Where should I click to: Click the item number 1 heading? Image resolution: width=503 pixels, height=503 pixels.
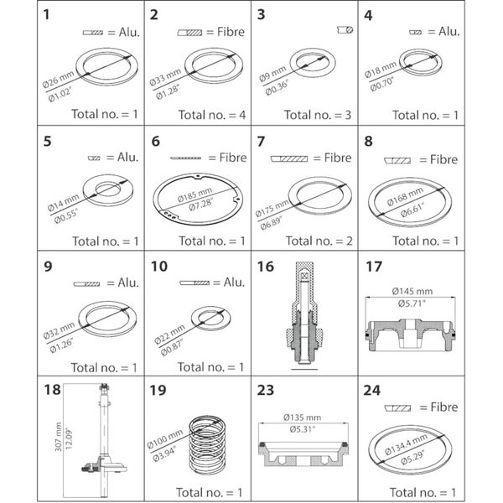48,14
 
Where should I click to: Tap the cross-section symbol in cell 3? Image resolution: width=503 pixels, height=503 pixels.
345,29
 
